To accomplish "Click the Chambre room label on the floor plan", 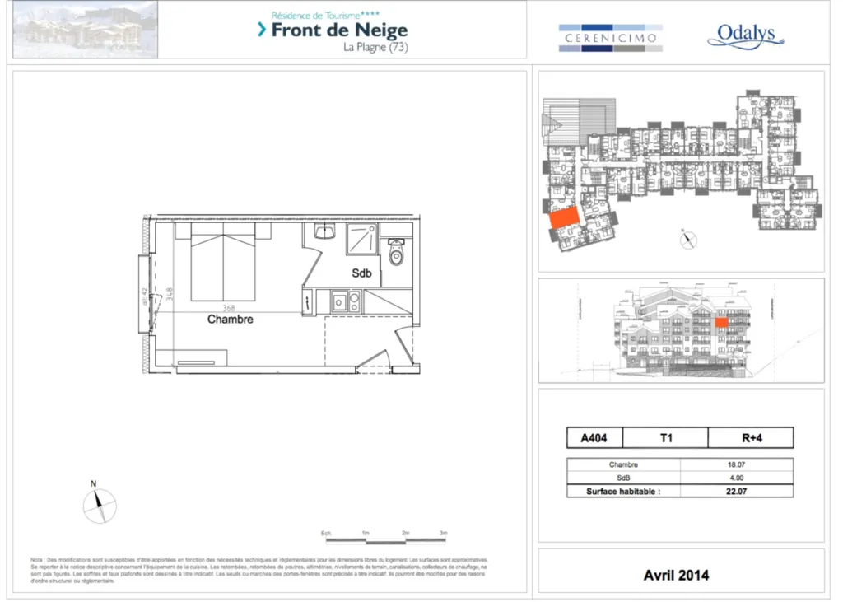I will coord(230,319).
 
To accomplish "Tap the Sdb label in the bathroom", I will coord(361,273).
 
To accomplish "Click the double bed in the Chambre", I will coord(223,261).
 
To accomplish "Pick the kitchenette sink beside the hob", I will coord(340,301).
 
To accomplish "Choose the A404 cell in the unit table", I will coord(594,438).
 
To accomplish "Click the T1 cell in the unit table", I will coord(665,438).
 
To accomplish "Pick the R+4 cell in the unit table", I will coord(751,438).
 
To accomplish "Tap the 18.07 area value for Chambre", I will coord(737,464).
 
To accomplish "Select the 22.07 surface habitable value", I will coord(737,492).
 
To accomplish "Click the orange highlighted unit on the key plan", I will coord(563,217).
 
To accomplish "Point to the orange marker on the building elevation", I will coord(721,323).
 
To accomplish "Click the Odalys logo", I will coord(745,35).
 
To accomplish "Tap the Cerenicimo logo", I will coord(609,38).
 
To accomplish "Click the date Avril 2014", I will coord(676,575).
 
